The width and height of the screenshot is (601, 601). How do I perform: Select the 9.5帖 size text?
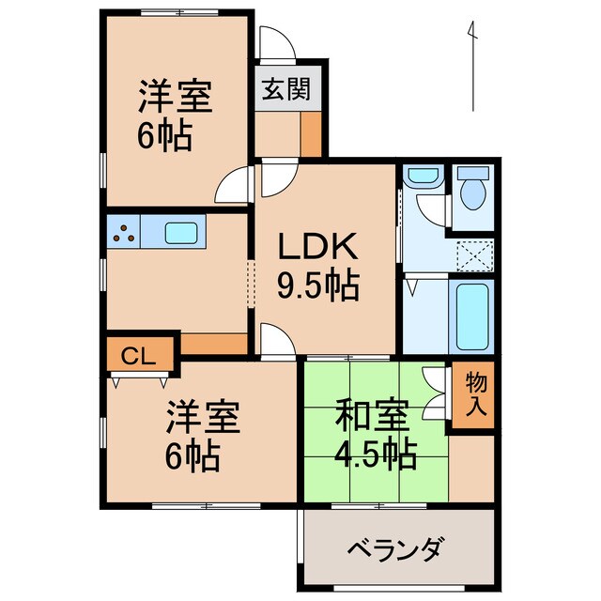tap(317, 285)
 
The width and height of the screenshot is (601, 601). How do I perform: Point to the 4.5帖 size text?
tap(374, 455)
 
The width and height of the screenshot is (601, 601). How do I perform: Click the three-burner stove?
tap(122, 231)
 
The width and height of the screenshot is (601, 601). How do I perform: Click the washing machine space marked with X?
tap(474, 254)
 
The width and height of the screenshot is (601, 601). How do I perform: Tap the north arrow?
tap(473, 66)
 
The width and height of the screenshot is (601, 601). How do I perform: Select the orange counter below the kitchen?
tap(214, 344)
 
